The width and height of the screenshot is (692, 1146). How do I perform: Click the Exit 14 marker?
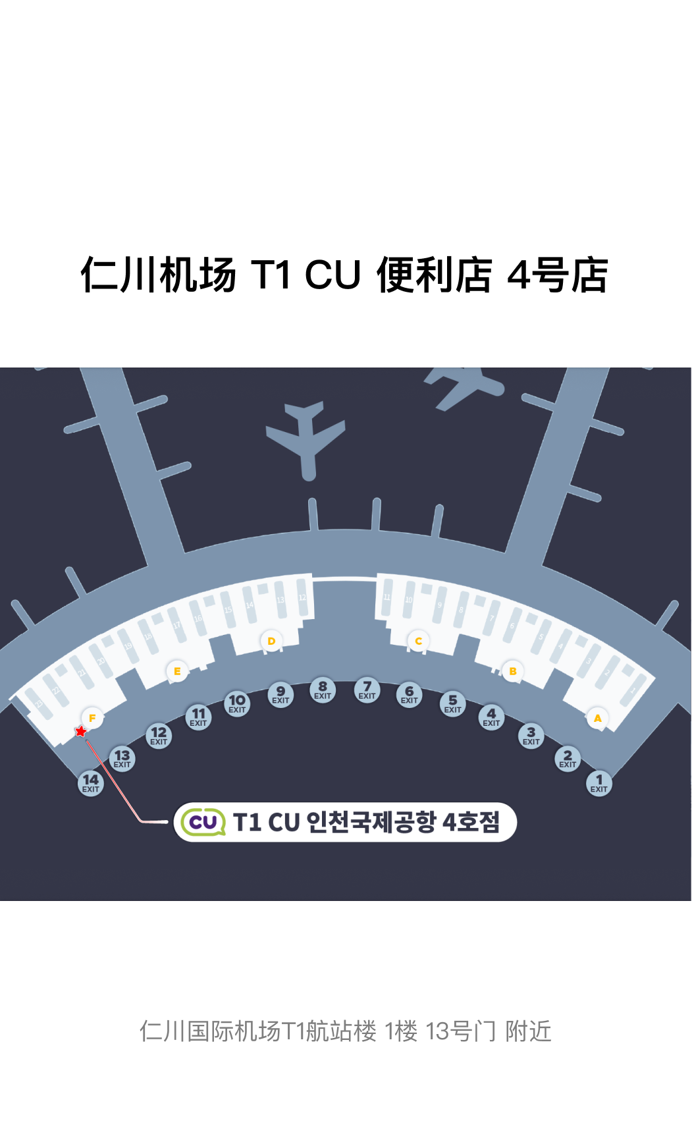tap(91, 783)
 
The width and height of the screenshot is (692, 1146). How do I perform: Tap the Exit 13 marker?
tap(122, 759)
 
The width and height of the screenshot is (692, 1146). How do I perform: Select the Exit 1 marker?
tap(599, 783)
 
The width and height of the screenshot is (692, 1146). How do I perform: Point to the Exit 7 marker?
tap(367, 690)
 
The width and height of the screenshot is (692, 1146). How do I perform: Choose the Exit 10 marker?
tap(237, 703)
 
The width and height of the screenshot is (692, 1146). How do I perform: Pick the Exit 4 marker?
tap(491, 717)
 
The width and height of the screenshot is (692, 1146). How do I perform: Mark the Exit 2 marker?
tap(568, 759)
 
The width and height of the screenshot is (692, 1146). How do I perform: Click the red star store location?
tap(80, 732)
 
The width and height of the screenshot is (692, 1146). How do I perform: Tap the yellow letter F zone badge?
tap(92, 718)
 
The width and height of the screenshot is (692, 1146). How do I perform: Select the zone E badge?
tap(176, 671)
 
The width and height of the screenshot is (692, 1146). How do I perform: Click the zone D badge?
tap(271, 641)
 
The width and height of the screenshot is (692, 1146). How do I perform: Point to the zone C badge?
tap(418, 641)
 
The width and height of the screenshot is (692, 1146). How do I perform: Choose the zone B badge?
tap(513, 671)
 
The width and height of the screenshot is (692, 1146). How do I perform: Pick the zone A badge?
tap(597, 718)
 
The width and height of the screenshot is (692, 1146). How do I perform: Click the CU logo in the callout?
tap(203, 822)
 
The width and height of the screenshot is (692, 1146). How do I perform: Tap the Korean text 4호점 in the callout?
tap(471, 822)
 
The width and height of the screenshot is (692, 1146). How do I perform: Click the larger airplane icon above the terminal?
tap(306, 438)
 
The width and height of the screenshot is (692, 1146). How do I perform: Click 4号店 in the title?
tap(558, 275)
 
